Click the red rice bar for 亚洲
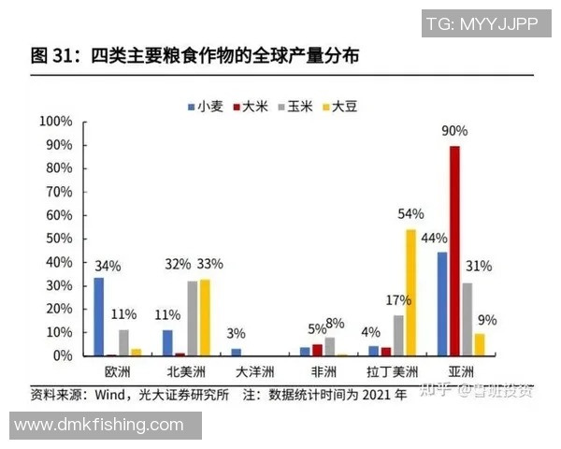(454, 251)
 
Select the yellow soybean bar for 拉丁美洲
(410, 293)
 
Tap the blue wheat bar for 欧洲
(99, 316)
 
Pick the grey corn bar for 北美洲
(192, 318)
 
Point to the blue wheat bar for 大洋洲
(236, 352)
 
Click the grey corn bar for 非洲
(329, 346)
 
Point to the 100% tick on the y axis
(55, 122)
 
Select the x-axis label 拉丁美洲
(392, 371)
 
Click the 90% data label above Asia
(455, 132)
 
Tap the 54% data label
(410, 214)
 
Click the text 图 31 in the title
(50, 56)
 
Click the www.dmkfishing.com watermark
(100, 425)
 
